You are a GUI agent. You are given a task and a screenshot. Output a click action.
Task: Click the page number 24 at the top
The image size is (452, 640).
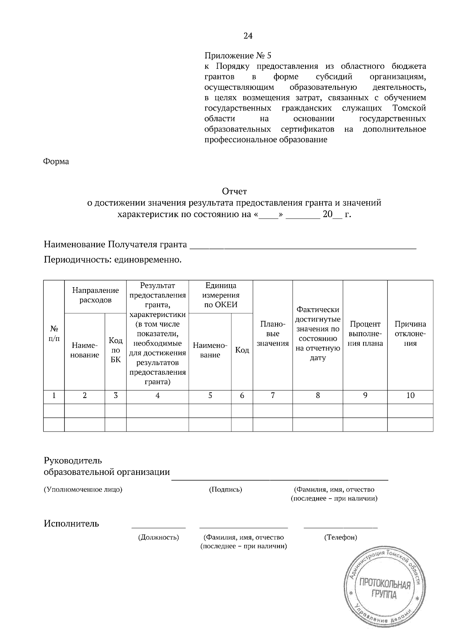coord(248,36)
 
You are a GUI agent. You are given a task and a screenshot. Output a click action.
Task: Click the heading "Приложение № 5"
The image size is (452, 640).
coord(238,56)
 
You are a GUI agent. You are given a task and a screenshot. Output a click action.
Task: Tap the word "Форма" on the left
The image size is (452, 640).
coord(56,162)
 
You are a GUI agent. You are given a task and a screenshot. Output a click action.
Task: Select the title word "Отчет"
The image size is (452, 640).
coord(234,191)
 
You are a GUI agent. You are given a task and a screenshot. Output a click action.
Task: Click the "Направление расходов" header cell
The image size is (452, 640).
coord(95,295)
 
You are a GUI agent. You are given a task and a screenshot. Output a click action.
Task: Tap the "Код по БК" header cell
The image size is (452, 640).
coord(116,350)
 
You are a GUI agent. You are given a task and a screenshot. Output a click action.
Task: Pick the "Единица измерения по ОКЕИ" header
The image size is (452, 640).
coord(221,295)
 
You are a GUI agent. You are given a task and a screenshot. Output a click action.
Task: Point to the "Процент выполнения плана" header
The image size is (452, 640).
coord(365,334)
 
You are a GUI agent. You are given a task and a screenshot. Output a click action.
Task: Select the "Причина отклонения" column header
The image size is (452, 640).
coord(410,334)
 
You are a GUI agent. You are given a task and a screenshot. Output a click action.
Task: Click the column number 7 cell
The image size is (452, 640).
coord(272,395)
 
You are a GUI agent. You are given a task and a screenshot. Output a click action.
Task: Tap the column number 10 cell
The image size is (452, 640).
coord(410,395)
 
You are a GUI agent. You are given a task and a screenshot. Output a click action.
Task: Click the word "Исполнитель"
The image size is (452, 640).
coord(72,524)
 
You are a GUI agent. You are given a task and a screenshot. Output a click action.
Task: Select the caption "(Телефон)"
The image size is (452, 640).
coord(341,537)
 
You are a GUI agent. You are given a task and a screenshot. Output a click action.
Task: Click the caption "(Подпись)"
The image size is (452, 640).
coord(225,490)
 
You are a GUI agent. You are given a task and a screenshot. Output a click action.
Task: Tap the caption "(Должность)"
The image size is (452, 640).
coord(158,537)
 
